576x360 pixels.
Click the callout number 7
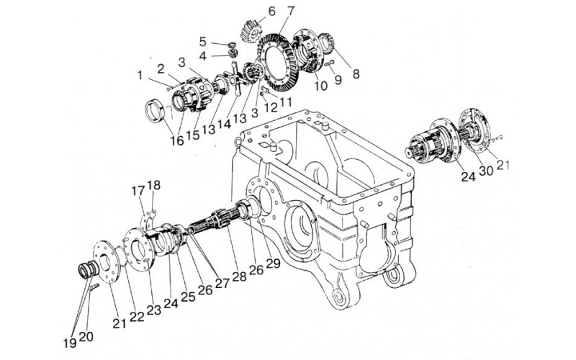270,12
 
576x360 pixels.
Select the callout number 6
251,11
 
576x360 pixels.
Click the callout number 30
487,171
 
